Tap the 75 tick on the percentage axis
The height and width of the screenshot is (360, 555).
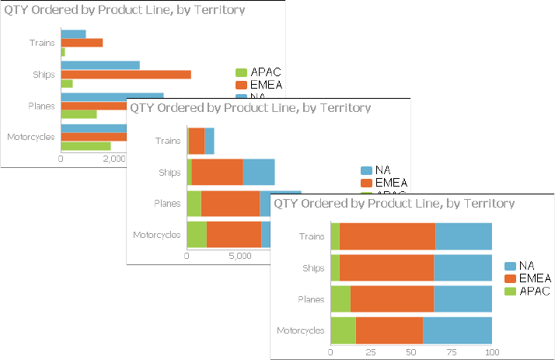pyautogui.click(x=452, y=351)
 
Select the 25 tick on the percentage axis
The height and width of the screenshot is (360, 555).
pyautogui.click(x=371, y=351)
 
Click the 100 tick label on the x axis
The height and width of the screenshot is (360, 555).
pyautogui.click(x=491, y=351)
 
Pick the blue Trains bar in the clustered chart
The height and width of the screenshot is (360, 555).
pyautogui.click(x=73, y=34)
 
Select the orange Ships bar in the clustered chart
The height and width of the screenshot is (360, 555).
pyautogui.click(x=125, y=74)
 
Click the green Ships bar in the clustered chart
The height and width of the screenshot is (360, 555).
pyautogui.click(x=66, y=83)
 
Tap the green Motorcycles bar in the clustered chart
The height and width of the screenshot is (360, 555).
pyautogui.click(x=86, y=145)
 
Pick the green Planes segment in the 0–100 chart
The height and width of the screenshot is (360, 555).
pyautogui.click(x=340, y=299)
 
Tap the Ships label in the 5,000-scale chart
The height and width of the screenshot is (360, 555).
pyautogui.click(x=169, y=172)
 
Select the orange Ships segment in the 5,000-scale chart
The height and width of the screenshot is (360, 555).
pyautogui.click(x=217, y=172)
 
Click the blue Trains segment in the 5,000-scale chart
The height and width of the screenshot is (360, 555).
pyautogui.click(x=209, y=141)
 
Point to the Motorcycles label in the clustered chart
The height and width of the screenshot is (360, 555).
pyautogui.click(x=30, y=138)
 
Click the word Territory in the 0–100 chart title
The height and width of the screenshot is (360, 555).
pyautogui.click(x=486, y=204)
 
